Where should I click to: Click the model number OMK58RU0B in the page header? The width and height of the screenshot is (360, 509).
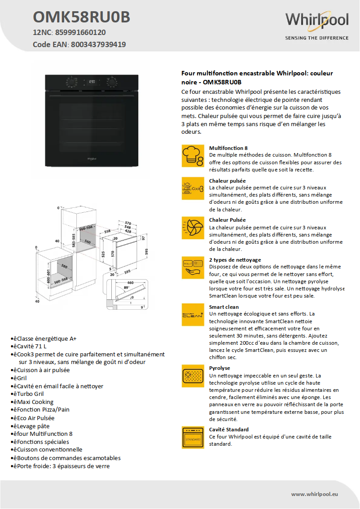point(81,17)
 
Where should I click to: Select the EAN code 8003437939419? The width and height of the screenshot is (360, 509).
point(98,44)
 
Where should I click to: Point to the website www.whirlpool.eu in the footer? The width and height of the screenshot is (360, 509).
point(314,494)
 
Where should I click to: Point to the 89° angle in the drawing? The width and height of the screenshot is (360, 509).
point(127,287)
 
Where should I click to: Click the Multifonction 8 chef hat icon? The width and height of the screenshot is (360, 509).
point(193,156)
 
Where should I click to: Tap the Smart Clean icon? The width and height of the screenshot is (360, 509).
point(193,314)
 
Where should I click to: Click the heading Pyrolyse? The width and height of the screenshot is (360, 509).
point(220,368)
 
